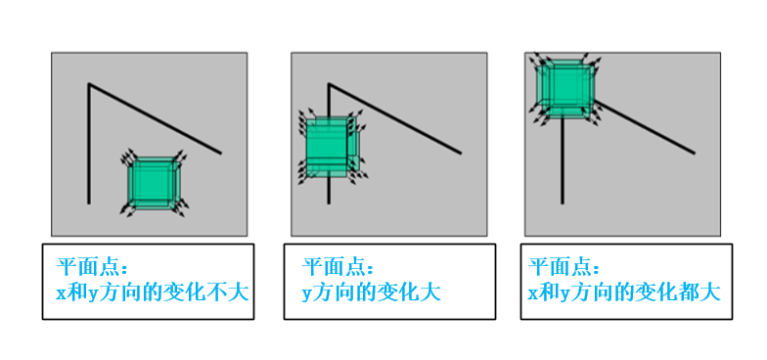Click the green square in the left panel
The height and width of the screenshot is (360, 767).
(154, 183)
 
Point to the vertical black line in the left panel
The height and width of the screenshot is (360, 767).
(88, 143)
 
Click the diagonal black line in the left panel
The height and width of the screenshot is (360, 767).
(155, 118)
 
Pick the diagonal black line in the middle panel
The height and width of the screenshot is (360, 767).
(395, 118)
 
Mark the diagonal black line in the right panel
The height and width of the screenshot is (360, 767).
(645, 127)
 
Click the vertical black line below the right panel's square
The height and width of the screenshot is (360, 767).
(562, 160)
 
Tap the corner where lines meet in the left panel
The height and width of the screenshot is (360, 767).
(88, 84)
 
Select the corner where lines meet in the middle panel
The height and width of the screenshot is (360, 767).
(329, 84)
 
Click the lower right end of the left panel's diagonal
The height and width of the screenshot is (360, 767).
(221, 154)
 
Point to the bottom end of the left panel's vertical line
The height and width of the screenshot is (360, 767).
(88, 203)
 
